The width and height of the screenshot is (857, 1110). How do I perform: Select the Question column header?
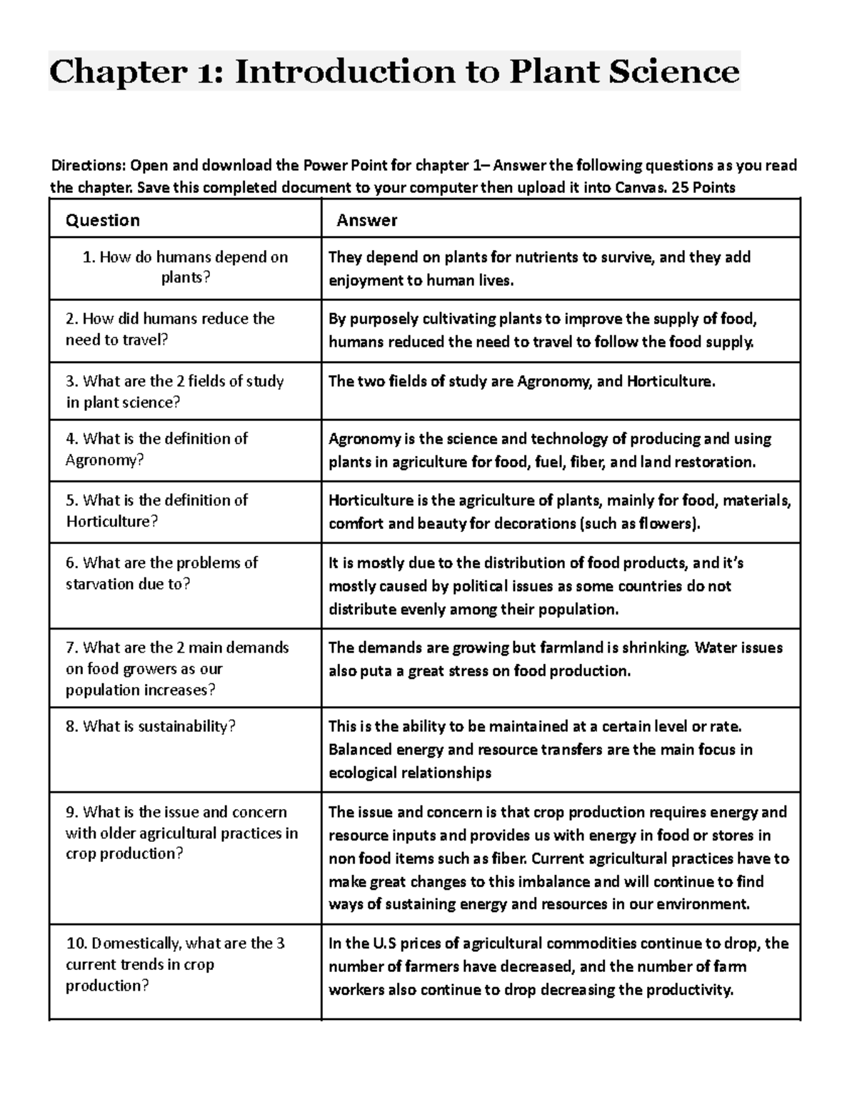103,220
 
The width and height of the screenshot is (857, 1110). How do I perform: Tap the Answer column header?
367,220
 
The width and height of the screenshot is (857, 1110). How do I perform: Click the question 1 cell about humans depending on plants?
185,267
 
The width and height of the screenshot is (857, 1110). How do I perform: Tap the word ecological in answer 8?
361,773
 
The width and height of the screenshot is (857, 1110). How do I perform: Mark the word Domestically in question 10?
136,943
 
